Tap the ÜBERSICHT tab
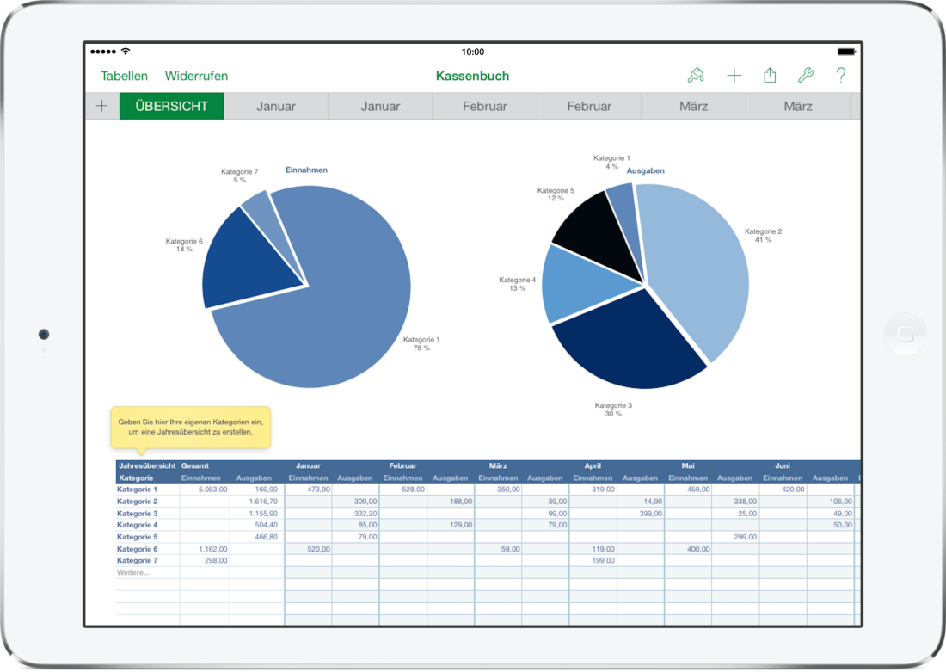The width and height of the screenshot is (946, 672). tap(171, 107)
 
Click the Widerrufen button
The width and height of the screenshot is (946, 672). tap(196, 76)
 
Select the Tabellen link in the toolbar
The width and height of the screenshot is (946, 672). tap(124, 76)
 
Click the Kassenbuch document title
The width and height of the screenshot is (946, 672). tap(472, 76)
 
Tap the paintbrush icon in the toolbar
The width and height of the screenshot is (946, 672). tap(696, 76)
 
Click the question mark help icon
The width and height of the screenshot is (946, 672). tap(841, 76)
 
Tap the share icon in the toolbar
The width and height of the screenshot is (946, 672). tap(770, 76)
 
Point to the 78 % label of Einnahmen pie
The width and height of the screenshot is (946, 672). tap(421, 348)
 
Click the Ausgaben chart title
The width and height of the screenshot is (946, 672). tap(645, 170)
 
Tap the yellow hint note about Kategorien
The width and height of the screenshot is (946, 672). tap(190, 427)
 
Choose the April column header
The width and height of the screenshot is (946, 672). tap(592, 465)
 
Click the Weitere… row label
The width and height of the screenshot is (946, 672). tap(134, 572)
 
